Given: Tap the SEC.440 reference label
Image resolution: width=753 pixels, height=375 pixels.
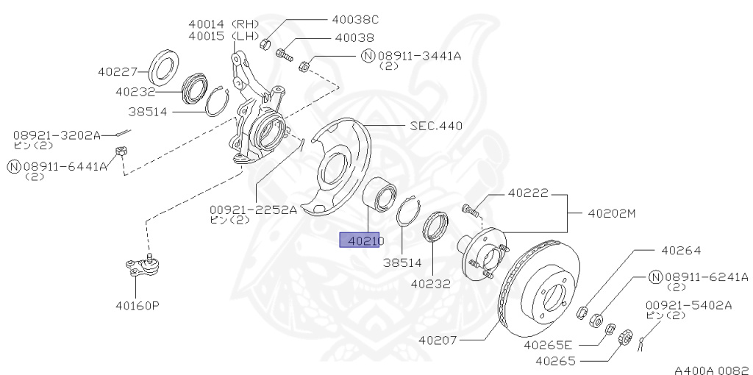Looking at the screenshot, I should [436, 126].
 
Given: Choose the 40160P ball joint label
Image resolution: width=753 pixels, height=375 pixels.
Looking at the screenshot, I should [136, 305].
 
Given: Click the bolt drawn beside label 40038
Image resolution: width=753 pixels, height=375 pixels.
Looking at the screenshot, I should [285, 53].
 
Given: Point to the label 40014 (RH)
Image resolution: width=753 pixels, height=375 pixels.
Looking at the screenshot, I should [218, 24].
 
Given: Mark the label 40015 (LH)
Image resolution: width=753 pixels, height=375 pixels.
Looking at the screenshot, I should [218, 35].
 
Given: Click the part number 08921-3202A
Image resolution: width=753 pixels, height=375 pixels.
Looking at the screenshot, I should [56, 135].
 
